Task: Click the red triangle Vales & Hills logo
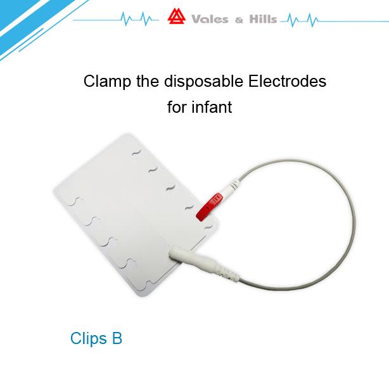(x=176, y=16)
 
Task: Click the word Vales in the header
(x=210, y=20)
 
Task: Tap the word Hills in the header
(x=263, y=19)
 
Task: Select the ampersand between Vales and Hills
(x=239, y=20)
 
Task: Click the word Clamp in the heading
(x=107, y=82)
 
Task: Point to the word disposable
(x=203, y=82)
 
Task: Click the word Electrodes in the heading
(x=287, y=81)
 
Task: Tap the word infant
(x=212, y=107)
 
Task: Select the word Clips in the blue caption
(x=88, y=339)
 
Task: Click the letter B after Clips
(x=117, y=338)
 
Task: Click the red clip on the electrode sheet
(x=209, y=207)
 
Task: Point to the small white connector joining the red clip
(x=231, y=188)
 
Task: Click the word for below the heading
(x=177, y=107)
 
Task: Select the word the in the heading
(x=148, y=81)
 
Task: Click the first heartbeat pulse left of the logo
(x=126, y=19)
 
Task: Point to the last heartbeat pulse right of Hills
(x=312, y=20)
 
